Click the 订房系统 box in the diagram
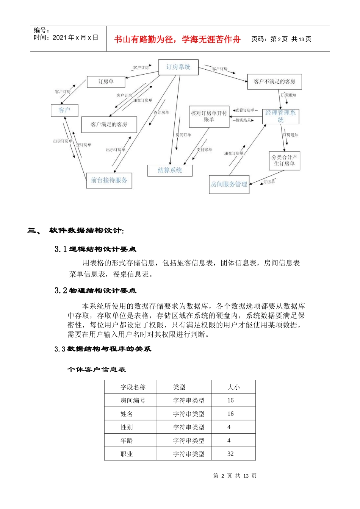click(178, 67)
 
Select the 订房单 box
click(106, 82)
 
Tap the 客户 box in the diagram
click(64, 110)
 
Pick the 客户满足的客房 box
click(109, 124)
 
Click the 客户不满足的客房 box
click(274, 81)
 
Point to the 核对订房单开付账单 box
click(209, 116)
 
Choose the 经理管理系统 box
click(280, 116)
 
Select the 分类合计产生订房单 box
click(284, 161)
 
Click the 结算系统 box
click(170, 170)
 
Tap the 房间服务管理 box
click(229, 184)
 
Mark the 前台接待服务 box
click(109, 180)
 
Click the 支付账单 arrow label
click(204, 150)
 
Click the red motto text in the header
click(177, 39)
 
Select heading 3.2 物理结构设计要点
click(95, 290)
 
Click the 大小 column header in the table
click(233, 387)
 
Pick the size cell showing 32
click(230, 454)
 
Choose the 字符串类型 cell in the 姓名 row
click(189, 414)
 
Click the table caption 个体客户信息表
click(97, 369)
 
